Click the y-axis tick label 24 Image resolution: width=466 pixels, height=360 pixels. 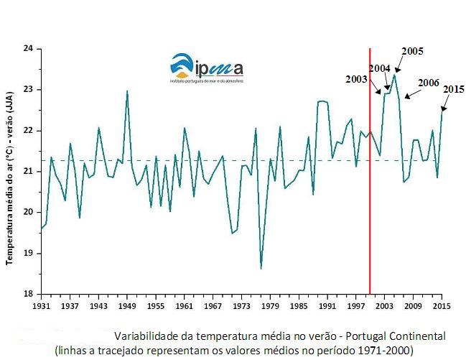coord(29,49)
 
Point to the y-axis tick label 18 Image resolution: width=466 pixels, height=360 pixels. coord(29,294)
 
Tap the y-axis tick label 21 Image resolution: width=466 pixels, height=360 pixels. coord(29,171)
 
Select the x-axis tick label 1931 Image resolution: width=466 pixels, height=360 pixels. coord(41,305)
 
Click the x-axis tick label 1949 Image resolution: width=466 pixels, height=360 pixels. coord(127,305)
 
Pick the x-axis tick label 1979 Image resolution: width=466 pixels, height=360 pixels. coord(270,305)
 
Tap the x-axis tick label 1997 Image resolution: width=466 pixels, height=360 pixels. coord(356,305)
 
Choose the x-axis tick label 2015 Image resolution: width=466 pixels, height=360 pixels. coord(441,305)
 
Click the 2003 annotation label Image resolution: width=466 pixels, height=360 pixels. coord(356,79)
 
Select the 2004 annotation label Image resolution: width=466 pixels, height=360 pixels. coord(379,68)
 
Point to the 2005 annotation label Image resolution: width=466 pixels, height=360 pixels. coord(412,51)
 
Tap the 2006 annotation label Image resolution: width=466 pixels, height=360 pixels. coord(428,83)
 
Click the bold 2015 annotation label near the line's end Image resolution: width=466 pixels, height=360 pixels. coord(453,88)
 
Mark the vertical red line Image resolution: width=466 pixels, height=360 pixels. coord(370,180)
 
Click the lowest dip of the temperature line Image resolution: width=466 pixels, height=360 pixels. coord(261,269)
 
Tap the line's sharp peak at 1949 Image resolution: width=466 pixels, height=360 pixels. coord(127,91)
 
